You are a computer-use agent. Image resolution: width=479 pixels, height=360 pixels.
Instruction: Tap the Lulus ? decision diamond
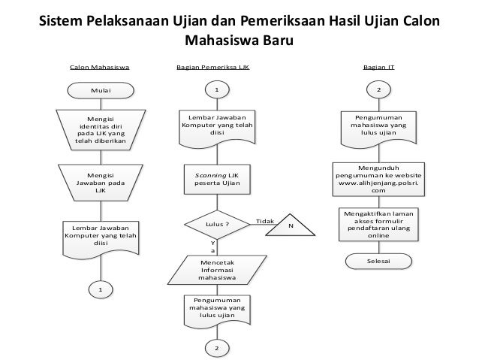(x=217, y=224)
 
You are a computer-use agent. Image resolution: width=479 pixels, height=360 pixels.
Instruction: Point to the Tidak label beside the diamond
(x=264, y=221)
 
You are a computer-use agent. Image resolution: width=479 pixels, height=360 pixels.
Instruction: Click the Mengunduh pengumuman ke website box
(x=378, y=179)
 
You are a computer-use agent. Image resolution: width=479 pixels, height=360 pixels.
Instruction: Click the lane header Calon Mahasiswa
(x=99, y=67)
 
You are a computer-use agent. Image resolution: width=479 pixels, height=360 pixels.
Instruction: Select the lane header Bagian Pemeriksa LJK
(x=212, y=67)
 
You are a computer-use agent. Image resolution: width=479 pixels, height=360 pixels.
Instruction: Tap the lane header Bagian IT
(x=379, y=67)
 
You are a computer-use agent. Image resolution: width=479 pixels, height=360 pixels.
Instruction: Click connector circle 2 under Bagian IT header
(x=378, y=90)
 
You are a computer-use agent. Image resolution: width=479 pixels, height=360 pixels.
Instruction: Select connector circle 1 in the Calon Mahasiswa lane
(x=100, y=289)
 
